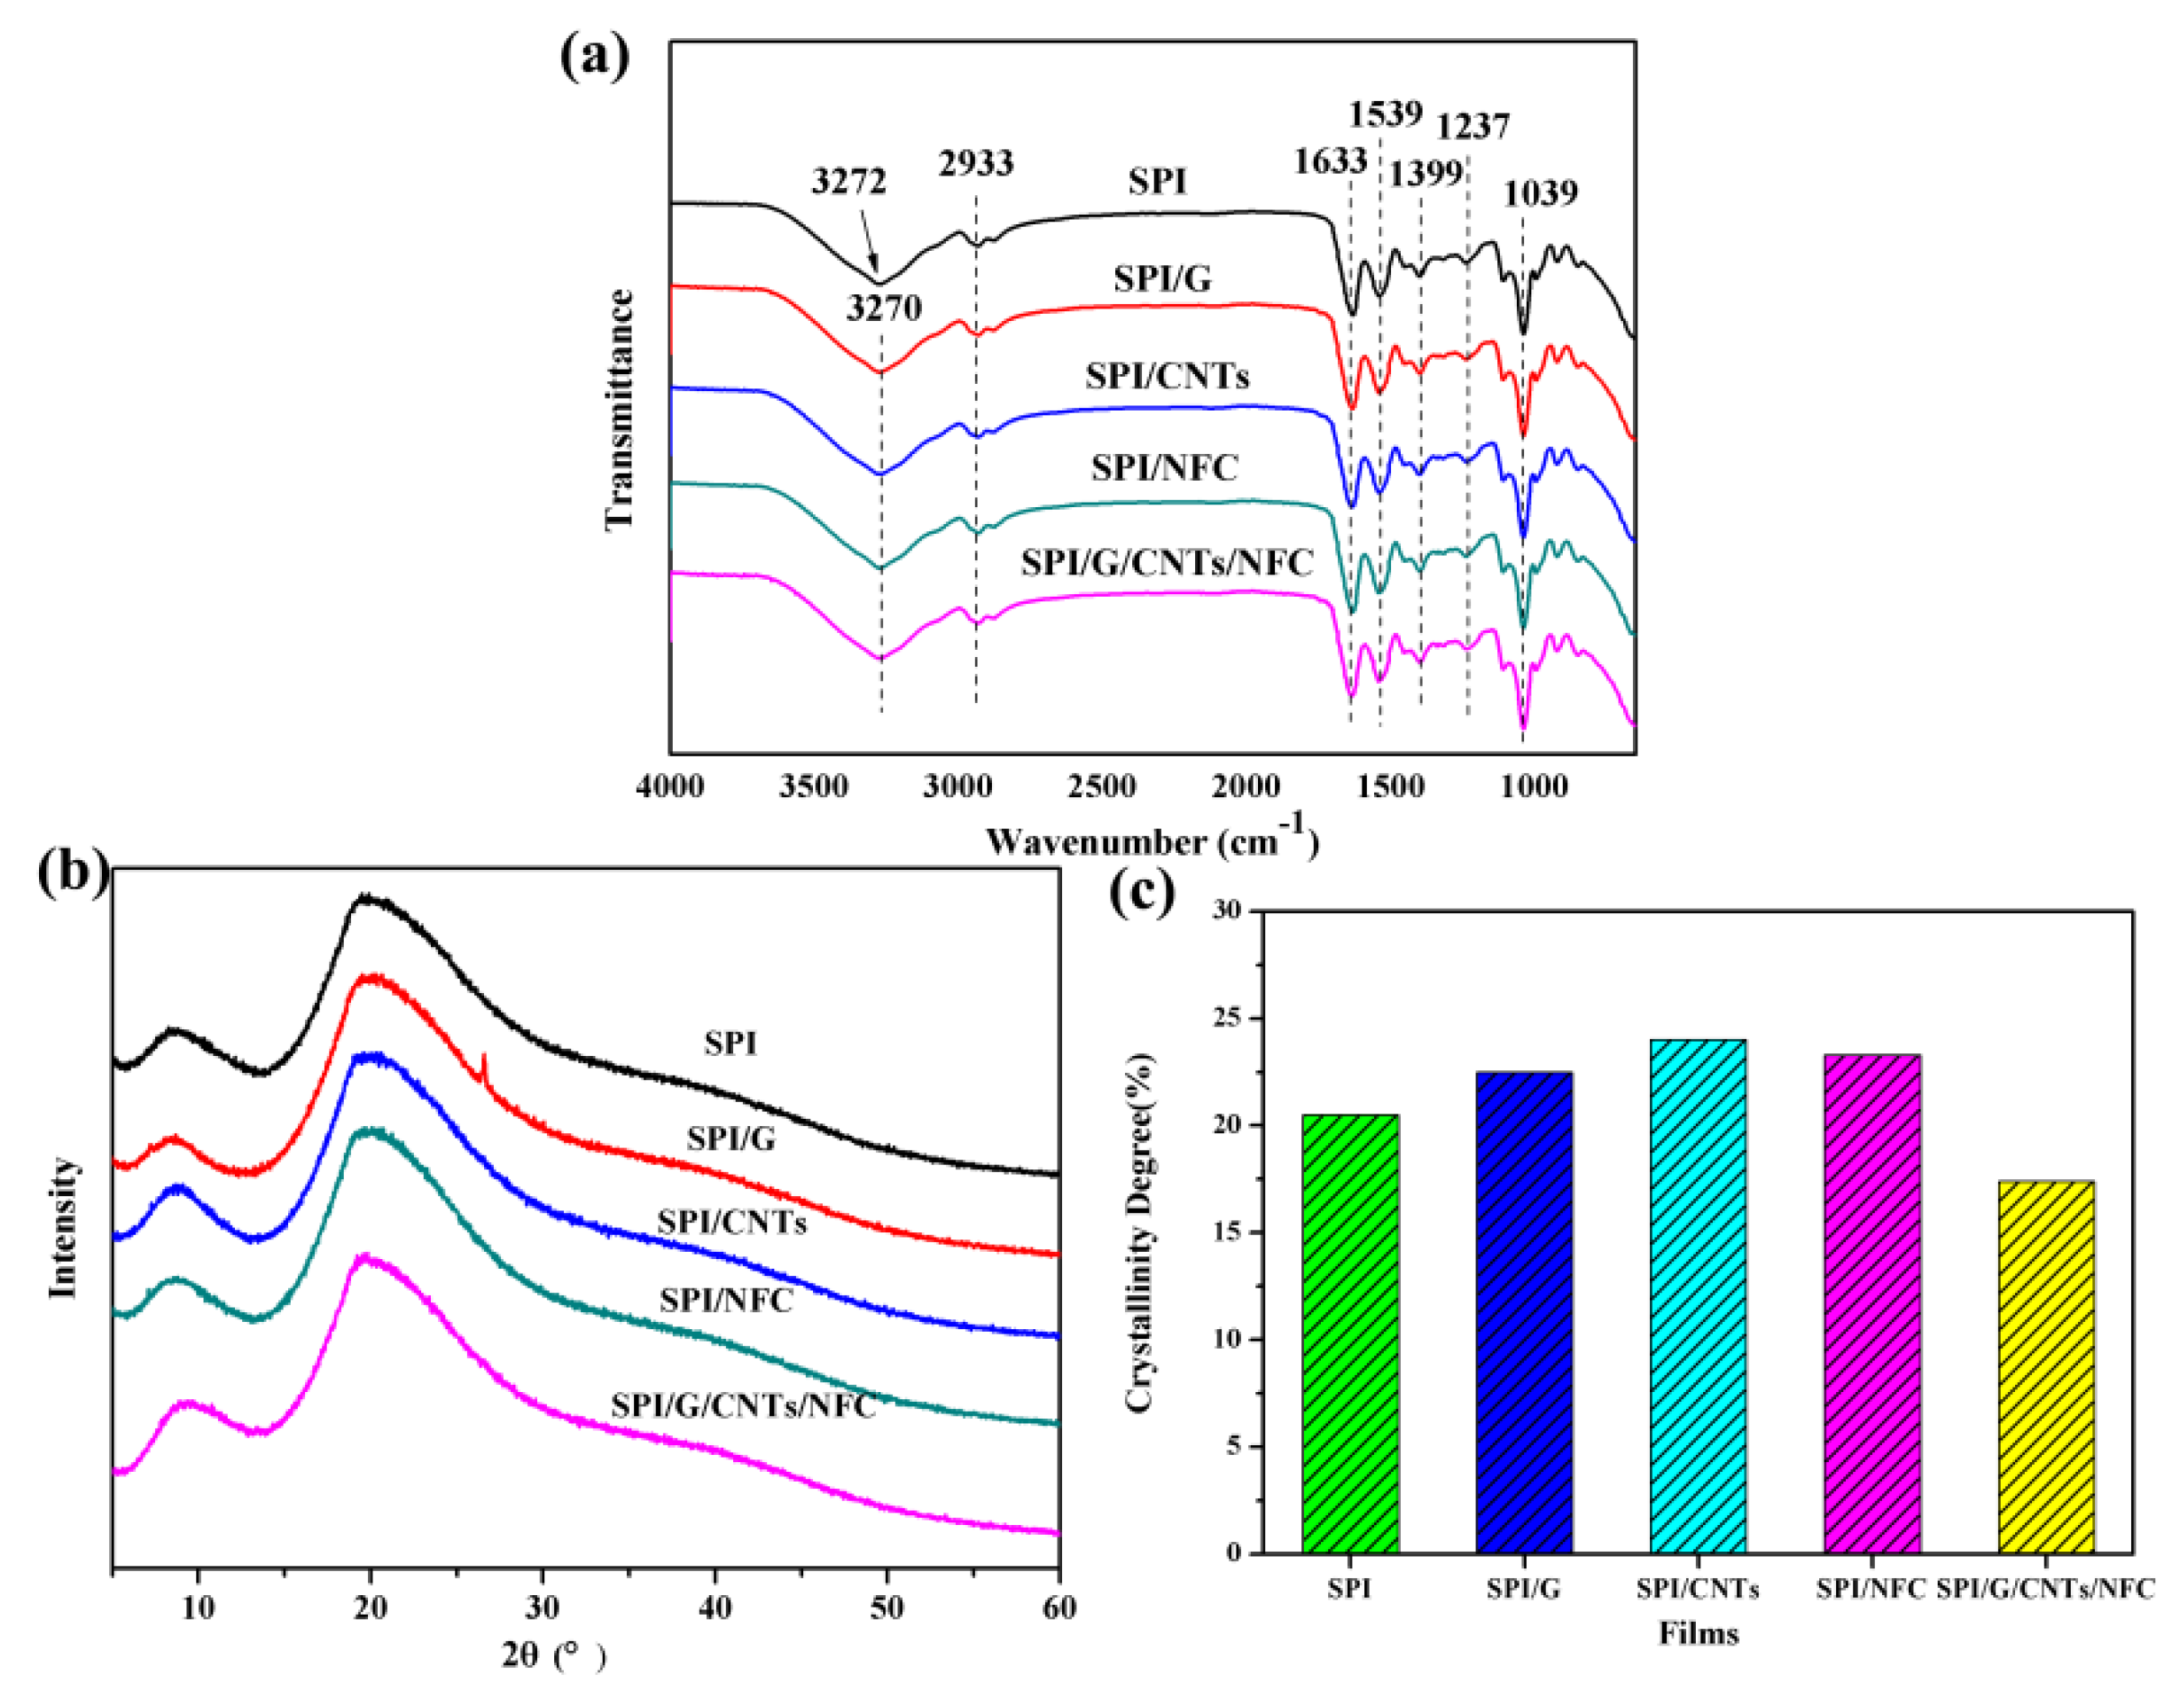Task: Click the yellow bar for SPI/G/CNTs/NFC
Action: point(2045,1366)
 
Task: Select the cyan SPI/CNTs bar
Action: point(1698,1297)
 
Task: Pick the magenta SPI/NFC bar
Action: point(1871,1303)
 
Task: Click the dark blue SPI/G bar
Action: point(1523,1313)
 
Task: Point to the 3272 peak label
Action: point(848,182)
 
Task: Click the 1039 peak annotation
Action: point(1541,192)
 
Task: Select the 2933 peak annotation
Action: point(975,163)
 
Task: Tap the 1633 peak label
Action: point(1330,160)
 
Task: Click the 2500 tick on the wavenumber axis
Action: point(1101,786)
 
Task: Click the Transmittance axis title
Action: point(620,410)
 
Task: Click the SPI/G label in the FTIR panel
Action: point(1162,278)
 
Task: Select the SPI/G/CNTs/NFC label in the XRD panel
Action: point(743,1405)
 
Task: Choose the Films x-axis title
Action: point(1698,1633)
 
